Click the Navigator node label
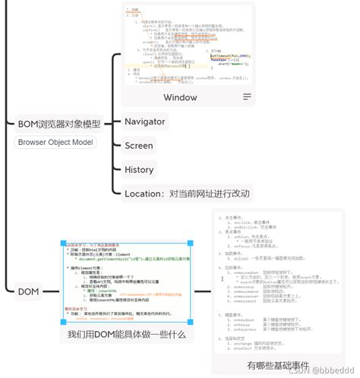(144, 121)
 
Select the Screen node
(139, 146)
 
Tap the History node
(140, 170)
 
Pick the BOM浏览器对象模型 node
(58, 123)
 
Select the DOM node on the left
(28, 290)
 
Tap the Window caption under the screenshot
(180, 97)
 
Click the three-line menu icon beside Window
(247, 97)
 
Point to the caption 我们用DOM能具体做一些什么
(126, 335)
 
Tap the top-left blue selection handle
(63, 242)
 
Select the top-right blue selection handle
(190, 242)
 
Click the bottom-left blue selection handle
(63, 323)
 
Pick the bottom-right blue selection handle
(190, 323)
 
